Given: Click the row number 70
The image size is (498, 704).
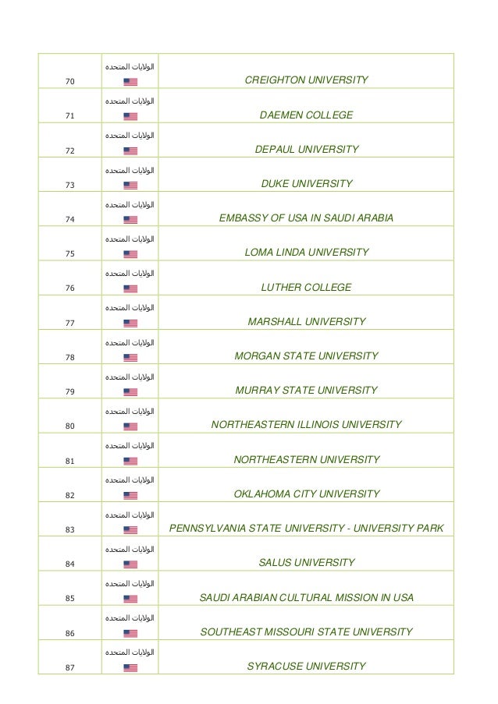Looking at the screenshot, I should point(70,81).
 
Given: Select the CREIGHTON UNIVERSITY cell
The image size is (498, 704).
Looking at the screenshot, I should point(306,80).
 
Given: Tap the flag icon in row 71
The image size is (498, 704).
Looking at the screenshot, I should point(130,116).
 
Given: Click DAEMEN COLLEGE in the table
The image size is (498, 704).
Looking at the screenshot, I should point(306,115).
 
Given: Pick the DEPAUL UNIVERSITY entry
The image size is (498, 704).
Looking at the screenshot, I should point(306,150).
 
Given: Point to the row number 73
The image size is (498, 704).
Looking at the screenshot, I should point(70,185).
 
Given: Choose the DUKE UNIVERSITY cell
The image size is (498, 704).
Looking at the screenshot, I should point(306,184).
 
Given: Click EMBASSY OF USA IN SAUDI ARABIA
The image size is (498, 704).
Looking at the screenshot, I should point(306,218).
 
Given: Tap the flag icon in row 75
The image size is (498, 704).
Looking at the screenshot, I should point(130,254).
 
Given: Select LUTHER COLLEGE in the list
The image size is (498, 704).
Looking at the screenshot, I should point(306,288).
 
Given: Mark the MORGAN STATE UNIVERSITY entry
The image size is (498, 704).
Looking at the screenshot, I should point(306,356).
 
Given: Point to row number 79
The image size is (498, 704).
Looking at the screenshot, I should point(70,391).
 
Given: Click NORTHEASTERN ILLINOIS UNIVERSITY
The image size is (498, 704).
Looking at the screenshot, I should point(306,425).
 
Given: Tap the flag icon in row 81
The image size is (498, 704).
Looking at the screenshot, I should point(130,461).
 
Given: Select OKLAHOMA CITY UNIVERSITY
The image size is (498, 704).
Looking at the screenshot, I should point(306,494).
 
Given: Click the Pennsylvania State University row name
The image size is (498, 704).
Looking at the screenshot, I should point(306,529).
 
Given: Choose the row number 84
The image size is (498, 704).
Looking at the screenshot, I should point(70,564).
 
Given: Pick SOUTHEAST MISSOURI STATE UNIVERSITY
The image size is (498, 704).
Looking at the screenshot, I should point(306,631).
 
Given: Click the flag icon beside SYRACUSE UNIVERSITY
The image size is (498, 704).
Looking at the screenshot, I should point(130,667).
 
